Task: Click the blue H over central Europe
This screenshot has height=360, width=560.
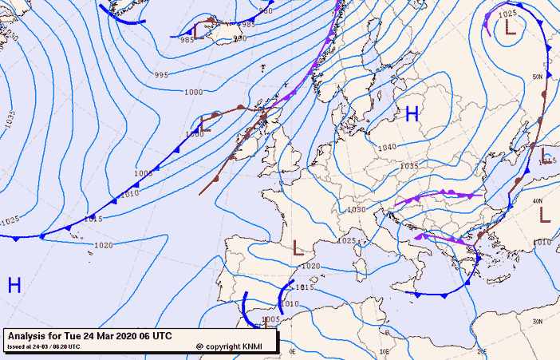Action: coord(412,114)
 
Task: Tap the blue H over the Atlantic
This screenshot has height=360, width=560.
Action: coord(14,285)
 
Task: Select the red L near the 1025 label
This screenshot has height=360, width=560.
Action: coord(511,27)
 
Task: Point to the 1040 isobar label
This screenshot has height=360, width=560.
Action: coord(388,148)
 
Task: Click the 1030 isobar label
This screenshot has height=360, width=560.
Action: coord(357,210)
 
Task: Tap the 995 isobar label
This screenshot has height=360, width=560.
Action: coord(161,75)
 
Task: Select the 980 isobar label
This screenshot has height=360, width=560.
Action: coord(266,11)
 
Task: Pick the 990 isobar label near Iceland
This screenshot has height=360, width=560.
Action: coord(239,38)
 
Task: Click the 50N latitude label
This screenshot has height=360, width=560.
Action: coord(538,76)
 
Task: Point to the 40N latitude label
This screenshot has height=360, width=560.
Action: coord(538,201)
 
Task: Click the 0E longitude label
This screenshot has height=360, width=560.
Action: coord(292,350)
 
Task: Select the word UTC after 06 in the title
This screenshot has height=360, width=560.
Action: coord(161,336)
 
